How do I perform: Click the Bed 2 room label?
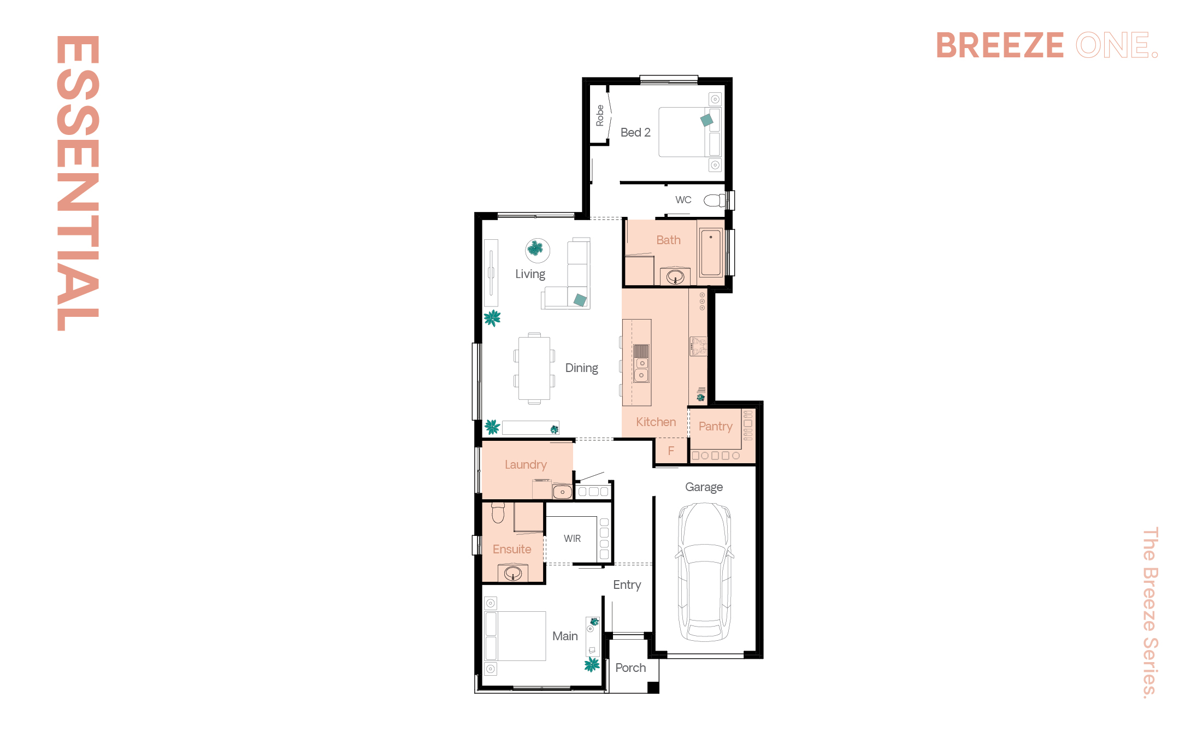point(635,132)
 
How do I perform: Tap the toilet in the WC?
point(714,200)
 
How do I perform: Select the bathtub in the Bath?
point(711,252)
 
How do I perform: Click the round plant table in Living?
point(538,251)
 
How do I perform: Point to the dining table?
point(534,368)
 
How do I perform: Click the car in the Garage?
point(705,571)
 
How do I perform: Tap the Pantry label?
point(715,427)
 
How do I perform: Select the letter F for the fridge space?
point(671,451)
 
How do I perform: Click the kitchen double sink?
point(641,363)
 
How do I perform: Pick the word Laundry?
point(526,465)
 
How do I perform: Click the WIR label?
point(572,539)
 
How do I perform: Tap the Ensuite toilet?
point(498,513)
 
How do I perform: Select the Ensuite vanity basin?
point(513,573)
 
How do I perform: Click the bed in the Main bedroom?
point(515,636)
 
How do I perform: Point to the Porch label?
point(630,668)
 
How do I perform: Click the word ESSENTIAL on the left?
point(78,183)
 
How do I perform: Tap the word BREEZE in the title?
point(1000,45)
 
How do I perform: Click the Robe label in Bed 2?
point(600,116)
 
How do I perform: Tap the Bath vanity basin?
point(675,277)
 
